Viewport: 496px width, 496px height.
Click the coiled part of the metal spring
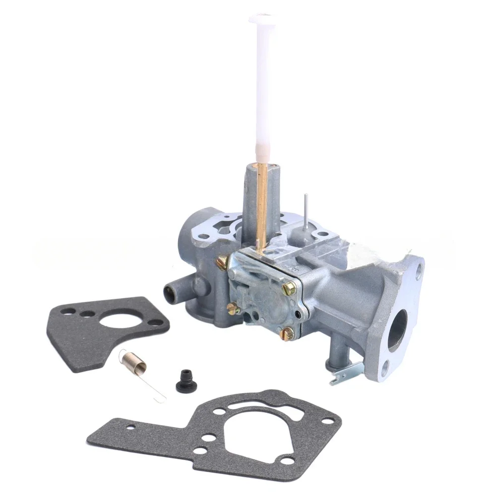(x=138, y=365)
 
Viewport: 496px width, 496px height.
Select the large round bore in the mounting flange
(x=398, y=330)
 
